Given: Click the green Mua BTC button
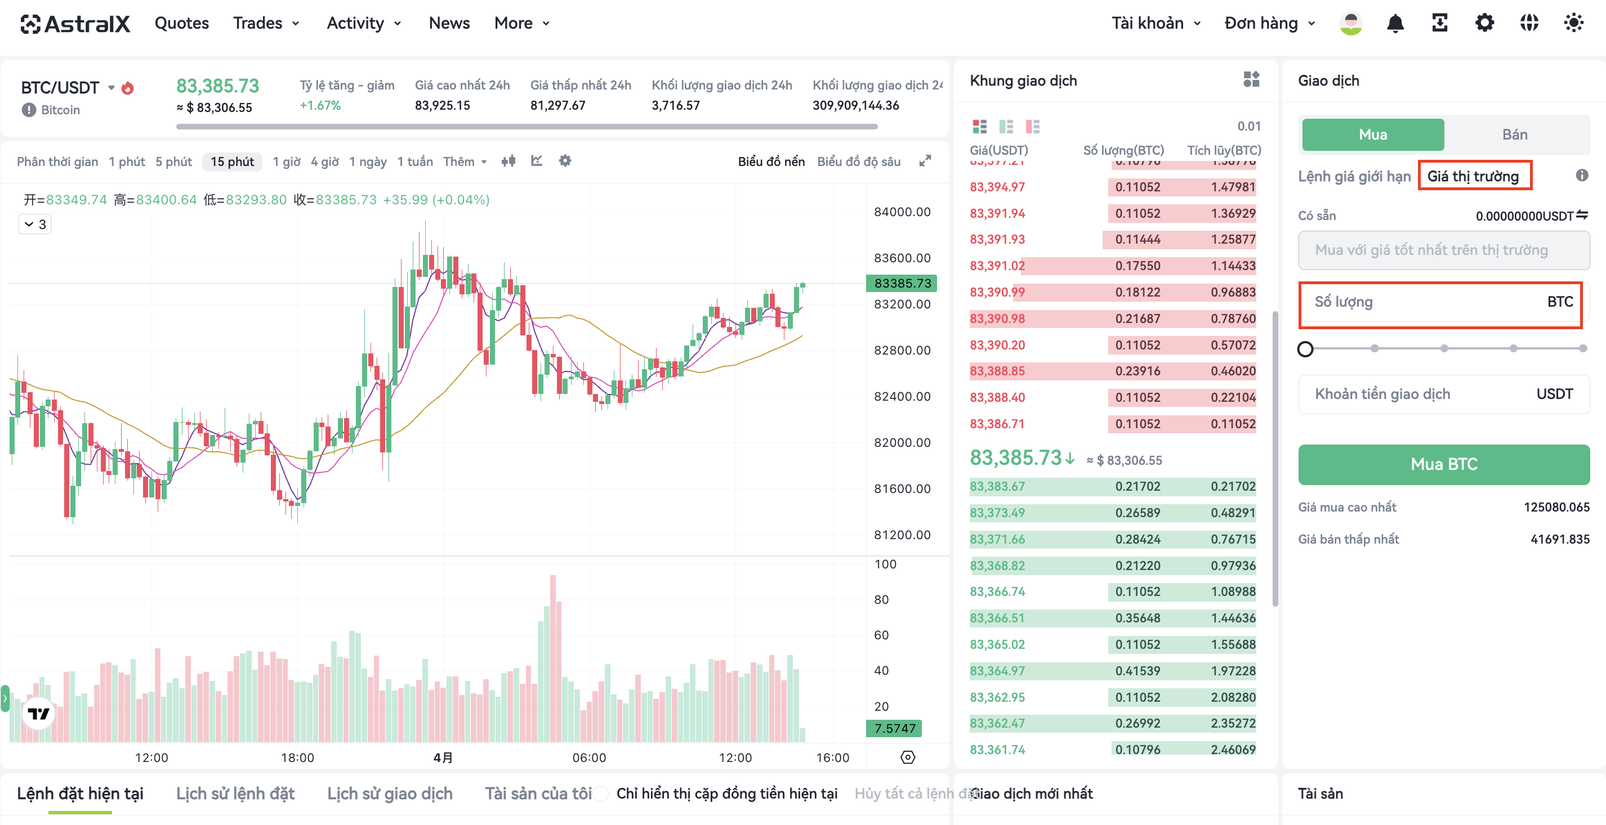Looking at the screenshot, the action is coord(1443,464).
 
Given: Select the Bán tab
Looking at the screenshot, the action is coord(1514,134).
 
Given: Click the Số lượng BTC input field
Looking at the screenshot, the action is coord(1440,302).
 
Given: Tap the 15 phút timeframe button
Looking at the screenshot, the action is coord(232,162).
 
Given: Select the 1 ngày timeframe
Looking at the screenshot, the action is coord(368,162).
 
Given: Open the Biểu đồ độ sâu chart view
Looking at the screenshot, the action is coord(859,162).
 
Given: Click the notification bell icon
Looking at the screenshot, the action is coord(1395,23).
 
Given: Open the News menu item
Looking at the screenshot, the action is coord(449,23).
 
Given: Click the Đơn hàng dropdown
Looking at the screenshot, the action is coord(1269,23).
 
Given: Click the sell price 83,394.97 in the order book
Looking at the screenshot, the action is coord(997,187).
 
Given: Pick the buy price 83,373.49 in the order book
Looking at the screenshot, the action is coord(997,513).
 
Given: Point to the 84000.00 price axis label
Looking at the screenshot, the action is coord(902,212).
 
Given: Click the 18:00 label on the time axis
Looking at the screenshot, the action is coord(297,757).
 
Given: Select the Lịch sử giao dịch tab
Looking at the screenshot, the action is coord(390,793).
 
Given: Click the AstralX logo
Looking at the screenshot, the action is coord(75,24).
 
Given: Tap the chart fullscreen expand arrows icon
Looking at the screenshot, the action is coord(925,161).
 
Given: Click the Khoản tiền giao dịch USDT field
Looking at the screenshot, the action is coord(1443,394).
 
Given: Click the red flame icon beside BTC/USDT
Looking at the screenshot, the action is coord(127,88).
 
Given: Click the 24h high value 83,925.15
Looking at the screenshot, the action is coord(442,105).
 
